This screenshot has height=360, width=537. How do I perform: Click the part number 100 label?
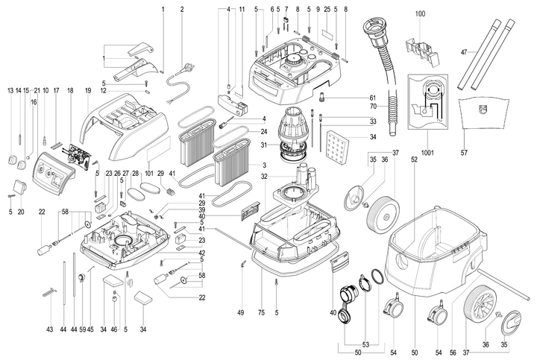[x=420, y=14]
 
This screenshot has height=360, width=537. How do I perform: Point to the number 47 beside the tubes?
[x=463, y=52]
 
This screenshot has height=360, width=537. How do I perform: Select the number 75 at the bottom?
[x=262, y=312]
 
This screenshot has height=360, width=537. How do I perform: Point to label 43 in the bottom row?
[x=49, y=329]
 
